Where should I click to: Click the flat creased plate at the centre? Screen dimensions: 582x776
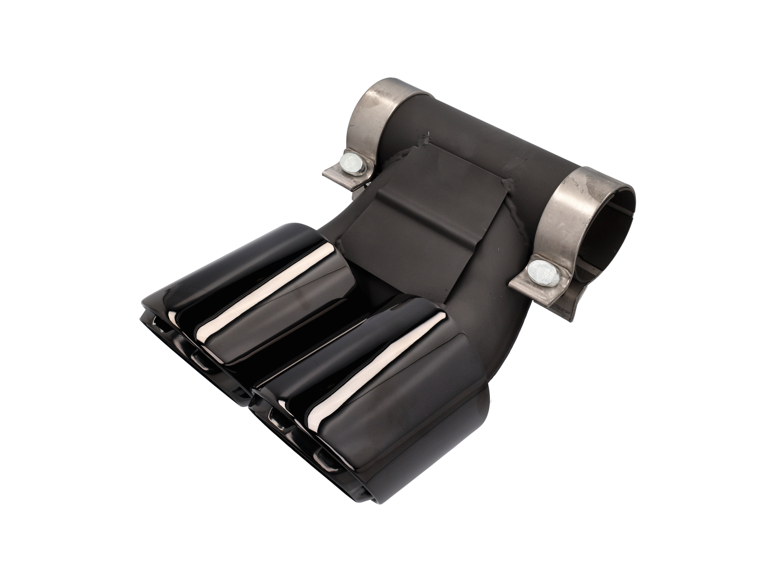[422, 209]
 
